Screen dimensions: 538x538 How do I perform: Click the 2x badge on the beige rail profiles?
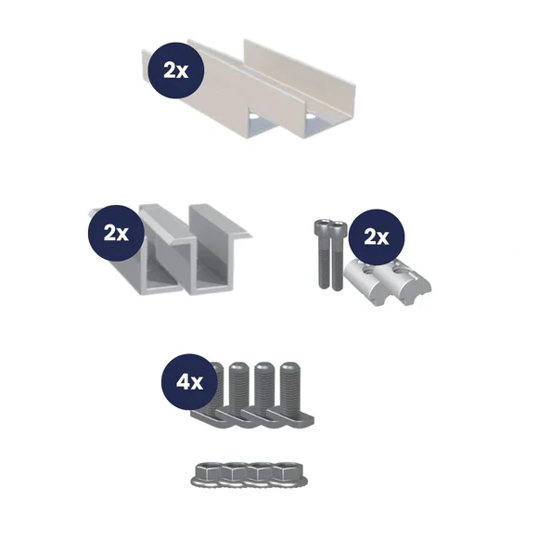(176, 70)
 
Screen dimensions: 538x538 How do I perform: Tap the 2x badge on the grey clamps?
(116, 234)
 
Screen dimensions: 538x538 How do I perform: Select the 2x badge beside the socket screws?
(377, 237)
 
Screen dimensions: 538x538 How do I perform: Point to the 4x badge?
(190, 382)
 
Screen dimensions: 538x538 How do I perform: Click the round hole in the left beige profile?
(253, 116)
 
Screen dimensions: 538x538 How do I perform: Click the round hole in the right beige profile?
(311, 116)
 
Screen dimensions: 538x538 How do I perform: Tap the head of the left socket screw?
(323, 227)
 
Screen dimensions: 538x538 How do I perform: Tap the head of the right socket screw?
(338, 228)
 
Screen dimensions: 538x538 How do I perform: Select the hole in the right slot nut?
(400, 273)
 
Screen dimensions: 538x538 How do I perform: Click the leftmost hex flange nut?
(207, 474)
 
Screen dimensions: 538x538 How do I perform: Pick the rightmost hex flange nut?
(290, 474)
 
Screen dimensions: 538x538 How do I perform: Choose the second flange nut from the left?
(235, 474)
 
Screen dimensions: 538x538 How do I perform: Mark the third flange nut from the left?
(262, 474)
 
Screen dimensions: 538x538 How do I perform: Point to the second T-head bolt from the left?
(238, 394)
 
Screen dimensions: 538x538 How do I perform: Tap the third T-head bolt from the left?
(264, 394)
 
